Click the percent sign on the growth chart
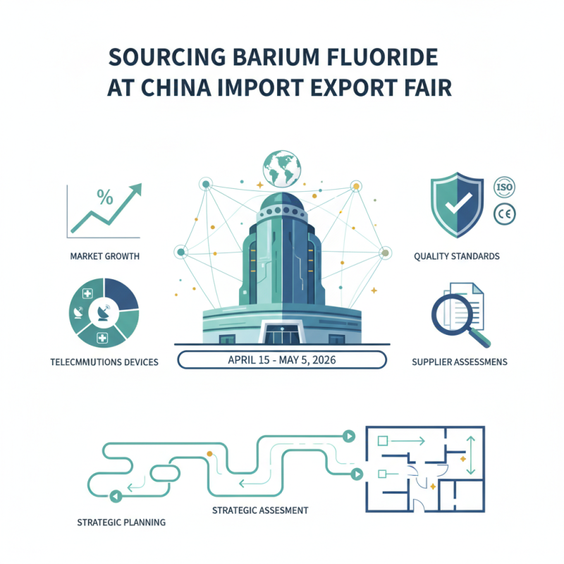[104, 197]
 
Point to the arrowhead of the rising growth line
[135, 189]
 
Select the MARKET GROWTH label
[104, 257]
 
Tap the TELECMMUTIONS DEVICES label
[104, 362]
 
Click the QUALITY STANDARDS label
[457, 257]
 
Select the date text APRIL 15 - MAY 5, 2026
[282, 360]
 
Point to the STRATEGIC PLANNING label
[121, 522]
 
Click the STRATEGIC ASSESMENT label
[260, 509]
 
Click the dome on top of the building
[282, 204]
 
